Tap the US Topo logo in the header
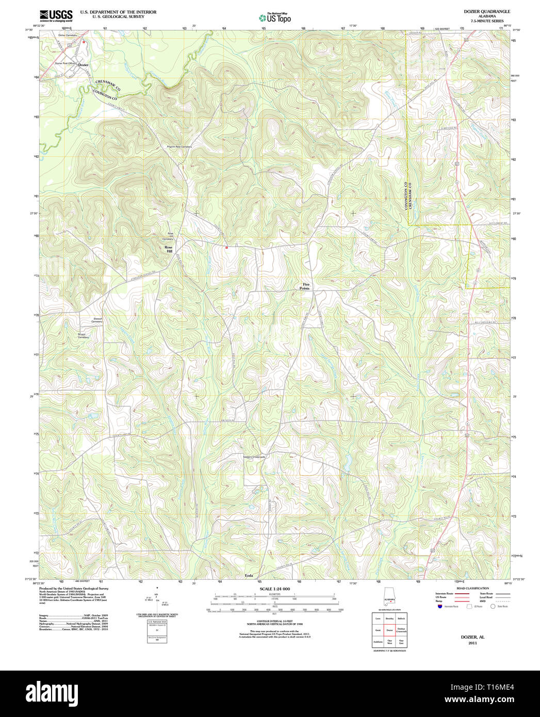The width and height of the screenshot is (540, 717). [274, 18]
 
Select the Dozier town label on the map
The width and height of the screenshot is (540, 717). [83, 65]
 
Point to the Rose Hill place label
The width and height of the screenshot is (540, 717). [168, 249]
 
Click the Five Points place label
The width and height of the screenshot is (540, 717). [305, 286]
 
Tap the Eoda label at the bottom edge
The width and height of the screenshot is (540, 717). [249, 576]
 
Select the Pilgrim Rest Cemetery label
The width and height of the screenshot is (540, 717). [179, 146]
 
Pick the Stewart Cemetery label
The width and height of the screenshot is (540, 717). [97, 320]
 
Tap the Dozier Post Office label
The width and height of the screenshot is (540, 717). [65, 62]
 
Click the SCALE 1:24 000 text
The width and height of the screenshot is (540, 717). [274, 589]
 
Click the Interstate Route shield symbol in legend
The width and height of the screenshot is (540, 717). [439, 607]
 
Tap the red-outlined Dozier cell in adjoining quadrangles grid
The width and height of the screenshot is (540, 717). [389, 630]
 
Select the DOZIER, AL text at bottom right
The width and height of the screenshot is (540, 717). [472, 637]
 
